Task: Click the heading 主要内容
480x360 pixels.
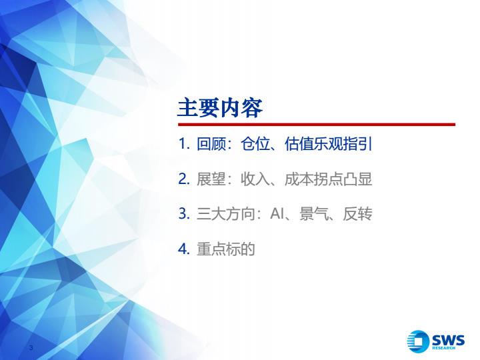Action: [x=220, y=108]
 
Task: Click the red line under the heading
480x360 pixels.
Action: [x=317, y=124]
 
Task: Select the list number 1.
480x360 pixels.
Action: [x=184, y=143]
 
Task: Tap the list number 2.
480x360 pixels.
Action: [x=184, y=179]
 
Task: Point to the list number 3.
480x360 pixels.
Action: [x=184, y=213]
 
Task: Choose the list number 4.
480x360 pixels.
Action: [x=184, y=249]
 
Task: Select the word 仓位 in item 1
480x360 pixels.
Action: [x=255, y=143]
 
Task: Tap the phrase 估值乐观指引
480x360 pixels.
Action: [x=328, y=143]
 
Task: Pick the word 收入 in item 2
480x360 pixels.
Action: [x=255, y=179]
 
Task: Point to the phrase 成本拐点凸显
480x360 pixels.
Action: [x=328, y=179]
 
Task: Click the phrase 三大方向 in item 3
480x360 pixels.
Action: [x=226, y=214]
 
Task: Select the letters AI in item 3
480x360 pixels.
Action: [x=277, y=214]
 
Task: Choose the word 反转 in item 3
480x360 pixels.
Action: [x=357, y=214]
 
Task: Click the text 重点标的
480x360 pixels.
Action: [x=226, y=249]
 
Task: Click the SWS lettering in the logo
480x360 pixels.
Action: [x=449, y=339]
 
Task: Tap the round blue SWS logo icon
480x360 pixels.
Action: [x=417, y=341]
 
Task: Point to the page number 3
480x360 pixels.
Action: [x=31, y=347]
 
